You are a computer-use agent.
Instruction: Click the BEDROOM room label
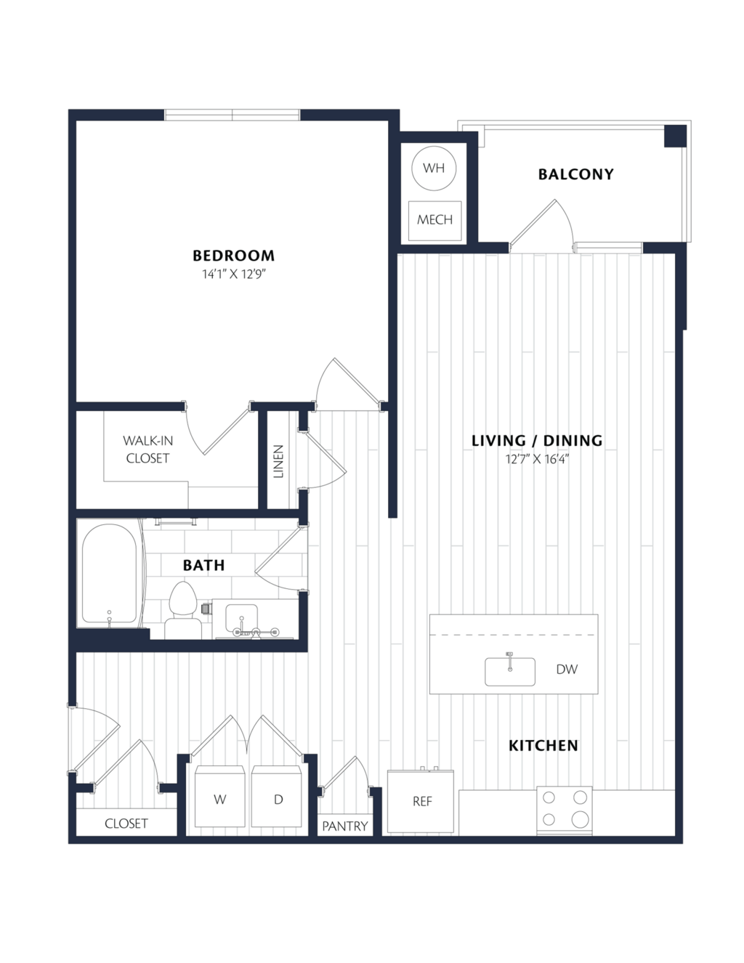point(234,256)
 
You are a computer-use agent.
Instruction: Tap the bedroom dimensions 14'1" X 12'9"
point(234,275)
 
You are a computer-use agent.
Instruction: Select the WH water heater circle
point(434,168)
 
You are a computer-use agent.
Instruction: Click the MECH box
point(434,221)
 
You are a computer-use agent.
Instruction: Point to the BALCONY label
point(576,174)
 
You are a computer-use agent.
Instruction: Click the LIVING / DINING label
point(537,441)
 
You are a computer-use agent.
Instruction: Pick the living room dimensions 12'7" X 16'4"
point(537,459)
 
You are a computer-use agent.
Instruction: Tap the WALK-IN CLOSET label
point(147,450)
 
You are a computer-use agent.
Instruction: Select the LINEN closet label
point(278,461)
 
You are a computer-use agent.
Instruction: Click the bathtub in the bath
point(110,574)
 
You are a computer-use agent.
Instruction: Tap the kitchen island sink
point(510,672)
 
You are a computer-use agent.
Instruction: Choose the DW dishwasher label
point(567,669)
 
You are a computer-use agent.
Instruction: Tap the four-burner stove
point(565,811)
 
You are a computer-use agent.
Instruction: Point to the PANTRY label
point(345,826)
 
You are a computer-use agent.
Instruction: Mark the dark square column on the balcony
point(675,136)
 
